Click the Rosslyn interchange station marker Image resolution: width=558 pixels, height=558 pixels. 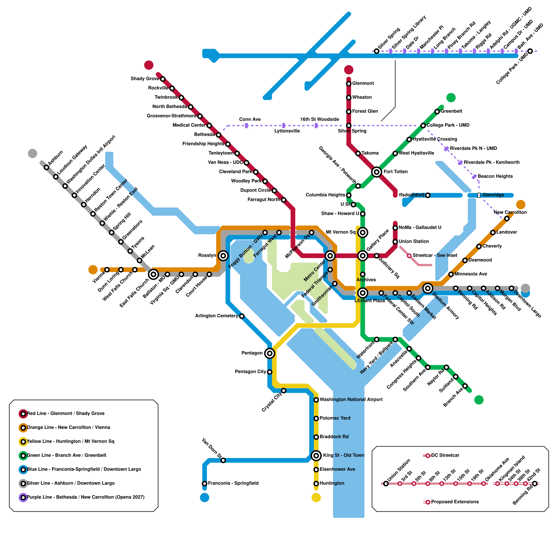click(223, 256)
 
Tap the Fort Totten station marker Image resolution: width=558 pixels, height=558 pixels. click(376, 172)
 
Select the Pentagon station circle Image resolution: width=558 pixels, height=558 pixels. click(269, 353)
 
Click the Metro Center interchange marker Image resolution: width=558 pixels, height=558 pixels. click(330, 256)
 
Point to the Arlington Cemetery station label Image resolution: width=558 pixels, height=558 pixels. click(217, 316)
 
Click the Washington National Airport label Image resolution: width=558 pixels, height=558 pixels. click(351, 400)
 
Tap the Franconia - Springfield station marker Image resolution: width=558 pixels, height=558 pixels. click(205, 483)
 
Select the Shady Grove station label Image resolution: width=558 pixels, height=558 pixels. click(145, 79)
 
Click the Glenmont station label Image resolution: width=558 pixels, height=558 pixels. click(363, 83)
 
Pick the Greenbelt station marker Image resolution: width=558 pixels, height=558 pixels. click(437, 112)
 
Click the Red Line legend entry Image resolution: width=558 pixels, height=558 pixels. click(66, 414)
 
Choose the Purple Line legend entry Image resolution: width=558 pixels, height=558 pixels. click(85, 497)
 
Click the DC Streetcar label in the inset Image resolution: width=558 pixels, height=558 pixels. click(445, 455)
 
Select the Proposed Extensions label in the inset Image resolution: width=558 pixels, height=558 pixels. click(455, 502)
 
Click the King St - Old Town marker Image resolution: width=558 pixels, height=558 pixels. click(316, 455)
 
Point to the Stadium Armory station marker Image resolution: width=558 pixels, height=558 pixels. click(428, 288)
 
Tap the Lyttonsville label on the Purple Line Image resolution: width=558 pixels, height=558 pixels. click(287, 131)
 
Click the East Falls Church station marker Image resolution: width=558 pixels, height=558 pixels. click(153, 274)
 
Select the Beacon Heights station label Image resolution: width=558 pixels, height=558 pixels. click(495, 176)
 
